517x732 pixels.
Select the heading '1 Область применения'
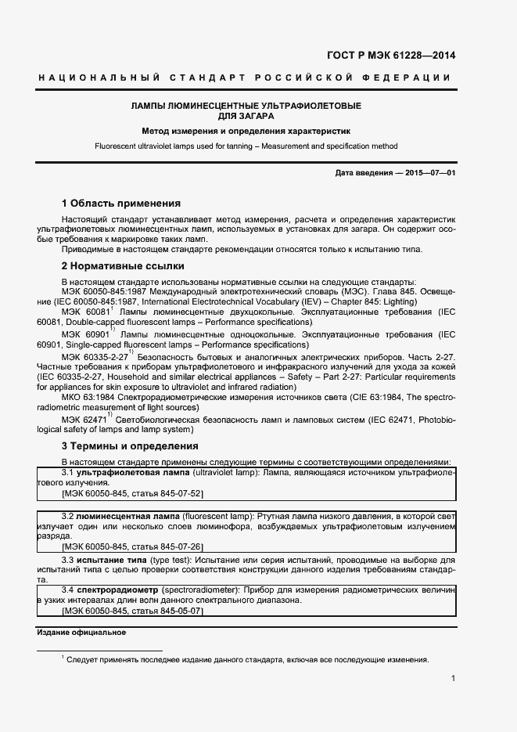click(x=120, y=203)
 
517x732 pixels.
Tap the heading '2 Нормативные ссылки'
click(x=117, y=266)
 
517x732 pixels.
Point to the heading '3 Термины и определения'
click(x=130, y=446)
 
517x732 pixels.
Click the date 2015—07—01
click(x=430, y=172)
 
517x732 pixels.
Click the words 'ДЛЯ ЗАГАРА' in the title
click(x=246, y=116)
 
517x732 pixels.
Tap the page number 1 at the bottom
click(x=454, y=678)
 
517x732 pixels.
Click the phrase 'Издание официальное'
click(x=82, y=632)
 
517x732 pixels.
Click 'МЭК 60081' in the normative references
click(x=85, y=312)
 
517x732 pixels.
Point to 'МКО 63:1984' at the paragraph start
click(x=88, y=397)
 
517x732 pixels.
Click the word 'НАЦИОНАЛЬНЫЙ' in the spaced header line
click(x=99, y=78)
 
